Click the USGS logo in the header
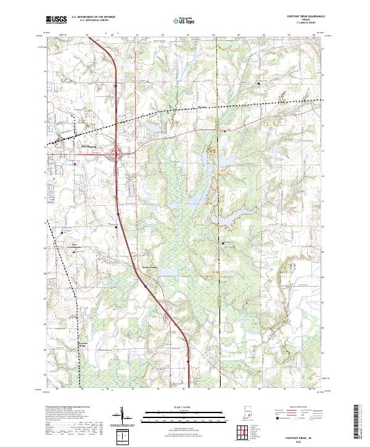56,20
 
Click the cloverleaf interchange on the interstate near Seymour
117,154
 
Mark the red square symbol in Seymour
75,164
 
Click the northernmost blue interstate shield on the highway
115,86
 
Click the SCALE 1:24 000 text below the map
179,408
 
